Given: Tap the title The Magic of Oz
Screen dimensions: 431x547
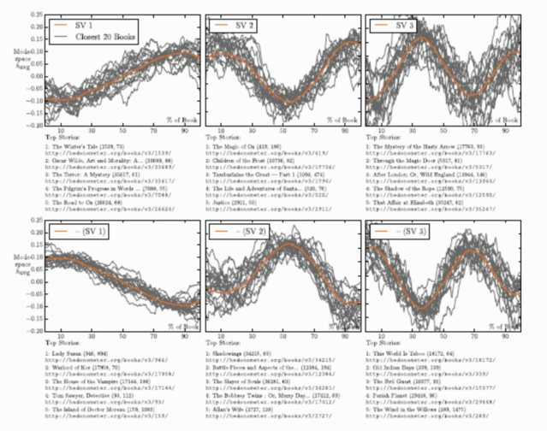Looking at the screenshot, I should (x=241, y=147).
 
